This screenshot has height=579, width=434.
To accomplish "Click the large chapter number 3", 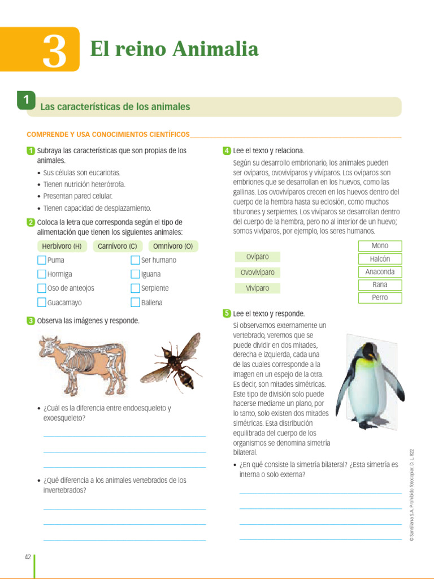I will (54, 51).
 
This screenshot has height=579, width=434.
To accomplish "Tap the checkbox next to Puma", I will (41, 260).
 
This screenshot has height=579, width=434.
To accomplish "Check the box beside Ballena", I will (135, 303).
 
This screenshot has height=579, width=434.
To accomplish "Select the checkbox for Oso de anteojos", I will (41, 288).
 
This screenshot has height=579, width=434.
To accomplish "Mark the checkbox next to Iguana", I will (135, 274).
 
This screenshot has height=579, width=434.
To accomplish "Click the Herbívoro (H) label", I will (62, 246).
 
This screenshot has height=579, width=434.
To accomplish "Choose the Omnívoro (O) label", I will (173, 246).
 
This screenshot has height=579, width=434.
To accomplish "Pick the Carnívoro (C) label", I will (117, 246).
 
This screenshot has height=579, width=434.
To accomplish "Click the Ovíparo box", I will (257, 257).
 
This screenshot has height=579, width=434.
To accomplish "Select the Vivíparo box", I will (257, 288).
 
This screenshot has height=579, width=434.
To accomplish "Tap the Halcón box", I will (380, 259).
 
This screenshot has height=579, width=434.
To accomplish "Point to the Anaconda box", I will (380, 272).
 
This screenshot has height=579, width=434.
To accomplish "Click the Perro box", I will (380, 298).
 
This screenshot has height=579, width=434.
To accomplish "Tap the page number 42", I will (28, 557).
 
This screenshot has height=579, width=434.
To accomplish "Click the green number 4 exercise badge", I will (227, 151).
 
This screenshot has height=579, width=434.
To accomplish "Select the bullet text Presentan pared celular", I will (78, 196).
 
